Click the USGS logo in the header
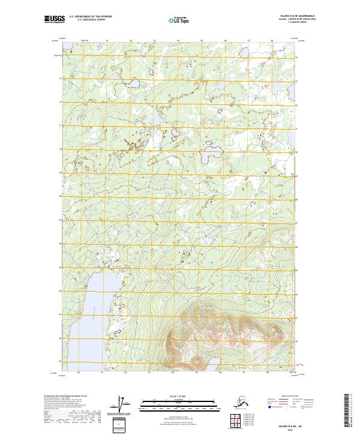(x=54, y=20)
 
